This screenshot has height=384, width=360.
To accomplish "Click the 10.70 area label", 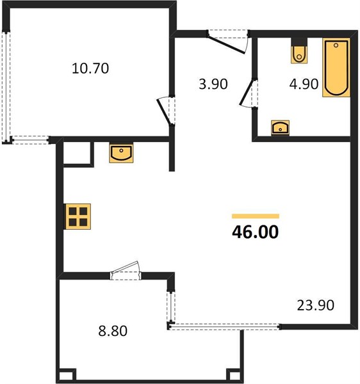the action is pos(90,68).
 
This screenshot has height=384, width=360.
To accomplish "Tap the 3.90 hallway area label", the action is pos(213,84).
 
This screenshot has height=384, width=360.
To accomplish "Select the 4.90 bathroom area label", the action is pos(304,84).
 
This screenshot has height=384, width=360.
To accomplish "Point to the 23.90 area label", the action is pos(316,305).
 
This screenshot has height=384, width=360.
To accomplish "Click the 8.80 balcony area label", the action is pos(113,331).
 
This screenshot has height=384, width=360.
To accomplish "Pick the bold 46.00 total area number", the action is pos(256,232).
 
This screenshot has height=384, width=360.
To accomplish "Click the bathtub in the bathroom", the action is pos(336,68).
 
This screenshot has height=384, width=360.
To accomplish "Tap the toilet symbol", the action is pos(299,54).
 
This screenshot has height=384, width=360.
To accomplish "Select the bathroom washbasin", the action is pos(280,127).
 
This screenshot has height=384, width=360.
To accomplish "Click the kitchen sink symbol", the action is pos(121,153).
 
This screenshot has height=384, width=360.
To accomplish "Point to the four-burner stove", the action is pos(78,216).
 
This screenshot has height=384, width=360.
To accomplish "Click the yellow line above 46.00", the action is pos(256,216).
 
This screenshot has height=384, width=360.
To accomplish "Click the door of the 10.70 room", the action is pos(164,111).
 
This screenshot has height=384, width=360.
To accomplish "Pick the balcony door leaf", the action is pos(125,267).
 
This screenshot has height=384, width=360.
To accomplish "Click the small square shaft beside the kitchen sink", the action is pos(78,153).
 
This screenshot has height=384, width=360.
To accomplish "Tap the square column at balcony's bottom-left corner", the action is pos(67,376).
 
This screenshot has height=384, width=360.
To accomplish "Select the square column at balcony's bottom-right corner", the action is pos(234,376).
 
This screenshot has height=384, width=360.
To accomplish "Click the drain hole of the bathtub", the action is pos(336,45).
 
